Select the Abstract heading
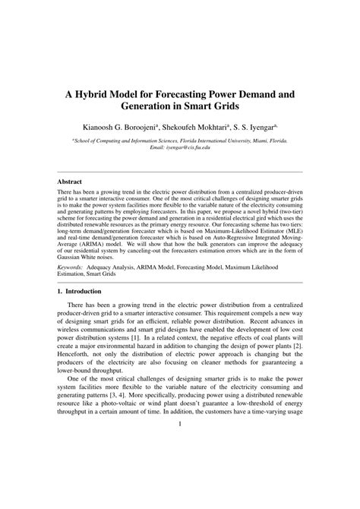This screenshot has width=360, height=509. [x=71, y=182]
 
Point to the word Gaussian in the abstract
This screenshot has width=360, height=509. [x=74, y=265]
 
